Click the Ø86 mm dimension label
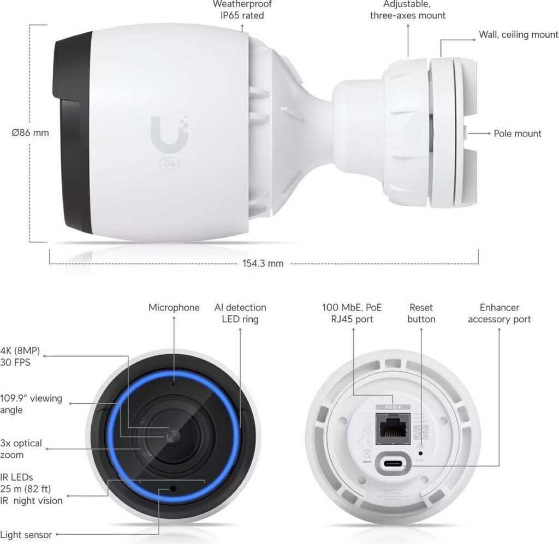[30, 133]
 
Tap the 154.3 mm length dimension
[263, 264]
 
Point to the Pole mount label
[517, 134]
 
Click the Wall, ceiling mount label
[518, 35]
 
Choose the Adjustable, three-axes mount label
[407, 10]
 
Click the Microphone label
[174, 308]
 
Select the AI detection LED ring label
[240, 313]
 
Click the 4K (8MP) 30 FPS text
[20, 356]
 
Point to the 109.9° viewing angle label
[31, 404]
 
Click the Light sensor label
[26, 535]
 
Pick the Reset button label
[421, 313]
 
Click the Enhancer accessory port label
[499, 313]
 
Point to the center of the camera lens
[173, 435]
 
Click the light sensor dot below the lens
[173, 488]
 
